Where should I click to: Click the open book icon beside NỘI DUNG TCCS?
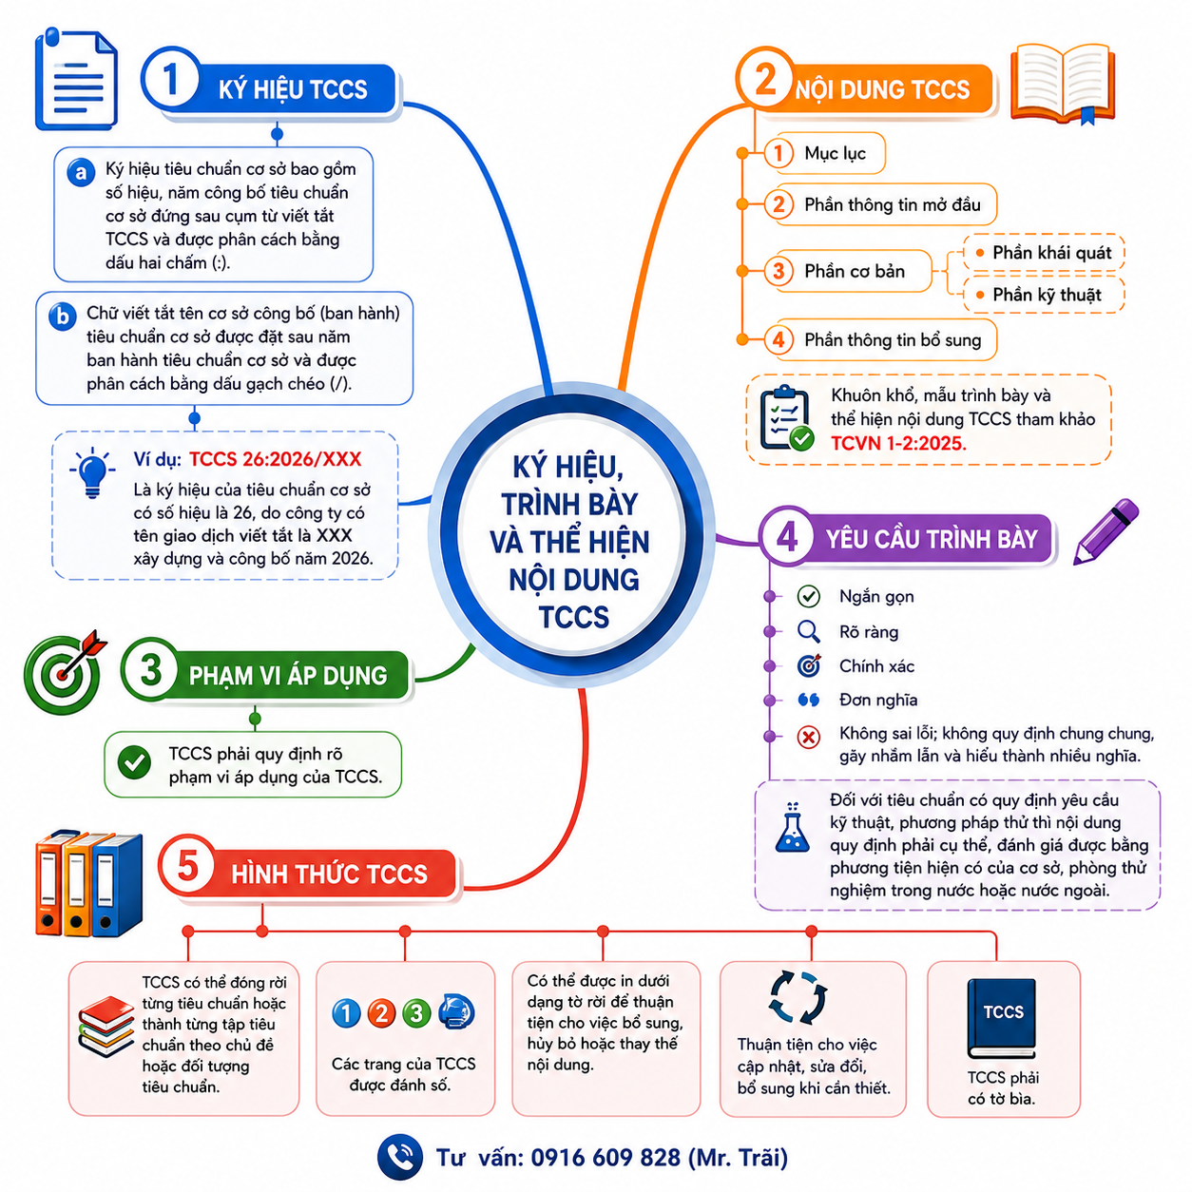(x=1062, y=84)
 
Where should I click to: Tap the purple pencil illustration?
(x=1105, y=531)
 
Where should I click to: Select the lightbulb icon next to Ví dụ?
(x=92, y=472)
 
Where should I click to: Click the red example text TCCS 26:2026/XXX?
(x=275, y=459)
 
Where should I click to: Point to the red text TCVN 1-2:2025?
(x=897, y=443)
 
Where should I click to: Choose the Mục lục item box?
(x=824, y=153)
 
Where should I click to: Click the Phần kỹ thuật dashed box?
(x=1043, y=295)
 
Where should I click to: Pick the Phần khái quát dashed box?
(x=1043, y=253)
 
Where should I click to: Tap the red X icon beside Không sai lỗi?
(x=808, y=737)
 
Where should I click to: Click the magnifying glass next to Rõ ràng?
(x=808, y=631)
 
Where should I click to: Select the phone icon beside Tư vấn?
(x=400, y=1157)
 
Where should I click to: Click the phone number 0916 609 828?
(x=605, y=1158)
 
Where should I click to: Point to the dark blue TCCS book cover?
(x=1002, y=1018)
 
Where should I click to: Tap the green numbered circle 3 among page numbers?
(x=416, y=1013)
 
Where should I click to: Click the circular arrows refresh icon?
(x=798, y=997)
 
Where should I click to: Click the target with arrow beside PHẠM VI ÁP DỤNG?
(x=64, y=672)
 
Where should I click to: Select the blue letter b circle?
(x=63, y=317)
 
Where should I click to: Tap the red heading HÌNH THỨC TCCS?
(x=329, y=875)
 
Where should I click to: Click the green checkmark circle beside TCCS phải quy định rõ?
(x=134, y=761)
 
